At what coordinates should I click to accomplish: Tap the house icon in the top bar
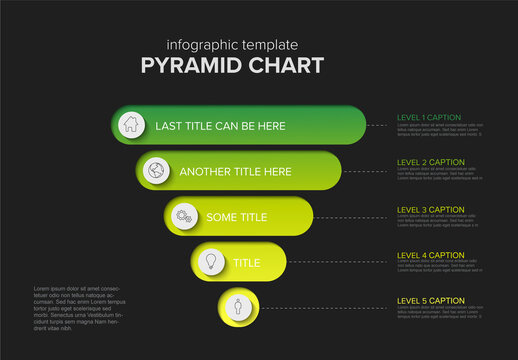coord(129,125)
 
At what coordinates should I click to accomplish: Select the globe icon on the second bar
coord(156,170)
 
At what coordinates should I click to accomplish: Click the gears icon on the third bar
coord(184,216)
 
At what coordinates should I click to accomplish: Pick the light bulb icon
coord(211,261)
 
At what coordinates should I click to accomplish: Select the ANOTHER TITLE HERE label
coord(235,172)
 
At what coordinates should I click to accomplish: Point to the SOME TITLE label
coord(236,217)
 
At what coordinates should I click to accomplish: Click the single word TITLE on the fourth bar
coord(246,262)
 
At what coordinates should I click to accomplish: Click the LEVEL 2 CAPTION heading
coord(431,162)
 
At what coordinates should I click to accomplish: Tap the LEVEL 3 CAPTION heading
coord(431,209)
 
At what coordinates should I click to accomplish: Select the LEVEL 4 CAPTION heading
coord(431,255)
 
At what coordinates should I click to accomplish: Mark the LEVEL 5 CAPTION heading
coord(431,300)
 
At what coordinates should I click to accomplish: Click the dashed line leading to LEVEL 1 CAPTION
coord(379,126)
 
